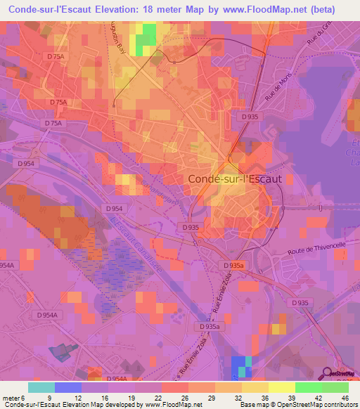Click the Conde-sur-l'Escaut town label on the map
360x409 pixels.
click(x=235, y=179)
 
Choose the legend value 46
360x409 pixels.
click(x=346, y=397)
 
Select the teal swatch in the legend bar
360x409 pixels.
click(x=41, y=387)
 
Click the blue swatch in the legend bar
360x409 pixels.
click(x=67, y=387)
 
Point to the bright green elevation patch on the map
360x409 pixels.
click(x=146, y=39)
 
